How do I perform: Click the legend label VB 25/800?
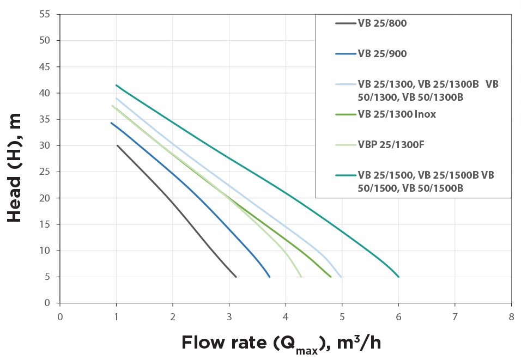382,23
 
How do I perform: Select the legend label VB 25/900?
382,54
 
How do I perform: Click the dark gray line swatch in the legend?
346,23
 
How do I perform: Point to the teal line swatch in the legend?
346,175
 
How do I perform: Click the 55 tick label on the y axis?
45,15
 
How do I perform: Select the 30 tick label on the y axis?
45,145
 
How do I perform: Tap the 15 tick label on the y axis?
45,224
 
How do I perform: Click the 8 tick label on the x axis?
511,316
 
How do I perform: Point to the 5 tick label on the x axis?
342,316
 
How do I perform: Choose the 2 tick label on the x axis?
173,316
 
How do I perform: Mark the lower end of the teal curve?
398,277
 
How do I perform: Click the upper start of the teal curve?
116,85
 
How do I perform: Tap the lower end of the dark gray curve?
236,277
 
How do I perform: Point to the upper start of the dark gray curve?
117,145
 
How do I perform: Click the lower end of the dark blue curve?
269,277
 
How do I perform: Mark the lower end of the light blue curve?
341,277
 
